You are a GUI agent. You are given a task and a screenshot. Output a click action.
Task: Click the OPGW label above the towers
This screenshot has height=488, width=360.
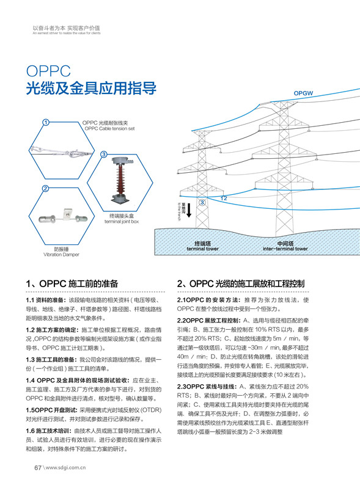coord(303,93)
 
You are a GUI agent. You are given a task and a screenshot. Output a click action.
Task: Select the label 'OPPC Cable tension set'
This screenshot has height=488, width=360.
coord(109,129)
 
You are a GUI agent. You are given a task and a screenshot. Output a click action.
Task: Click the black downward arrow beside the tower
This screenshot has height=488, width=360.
coord(189,211)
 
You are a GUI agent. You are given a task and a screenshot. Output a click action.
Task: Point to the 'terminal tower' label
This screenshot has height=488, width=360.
coord(202,249)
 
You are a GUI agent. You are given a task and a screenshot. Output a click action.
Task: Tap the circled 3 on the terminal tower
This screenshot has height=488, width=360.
coord(202,203)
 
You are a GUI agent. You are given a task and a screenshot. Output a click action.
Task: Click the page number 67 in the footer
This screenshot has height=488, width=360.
coord(37,468)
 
